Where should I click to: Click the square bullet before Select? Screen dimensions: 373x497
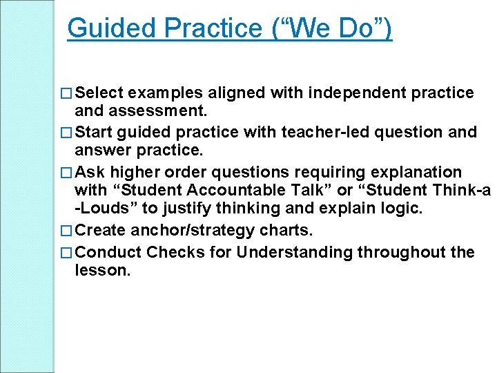(x=67, y=93)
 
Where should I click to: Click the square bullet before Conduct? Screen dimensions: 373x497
(x=67, y=253)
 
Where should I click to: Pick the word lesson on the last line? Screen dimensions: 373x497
(x=101, y=271)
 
